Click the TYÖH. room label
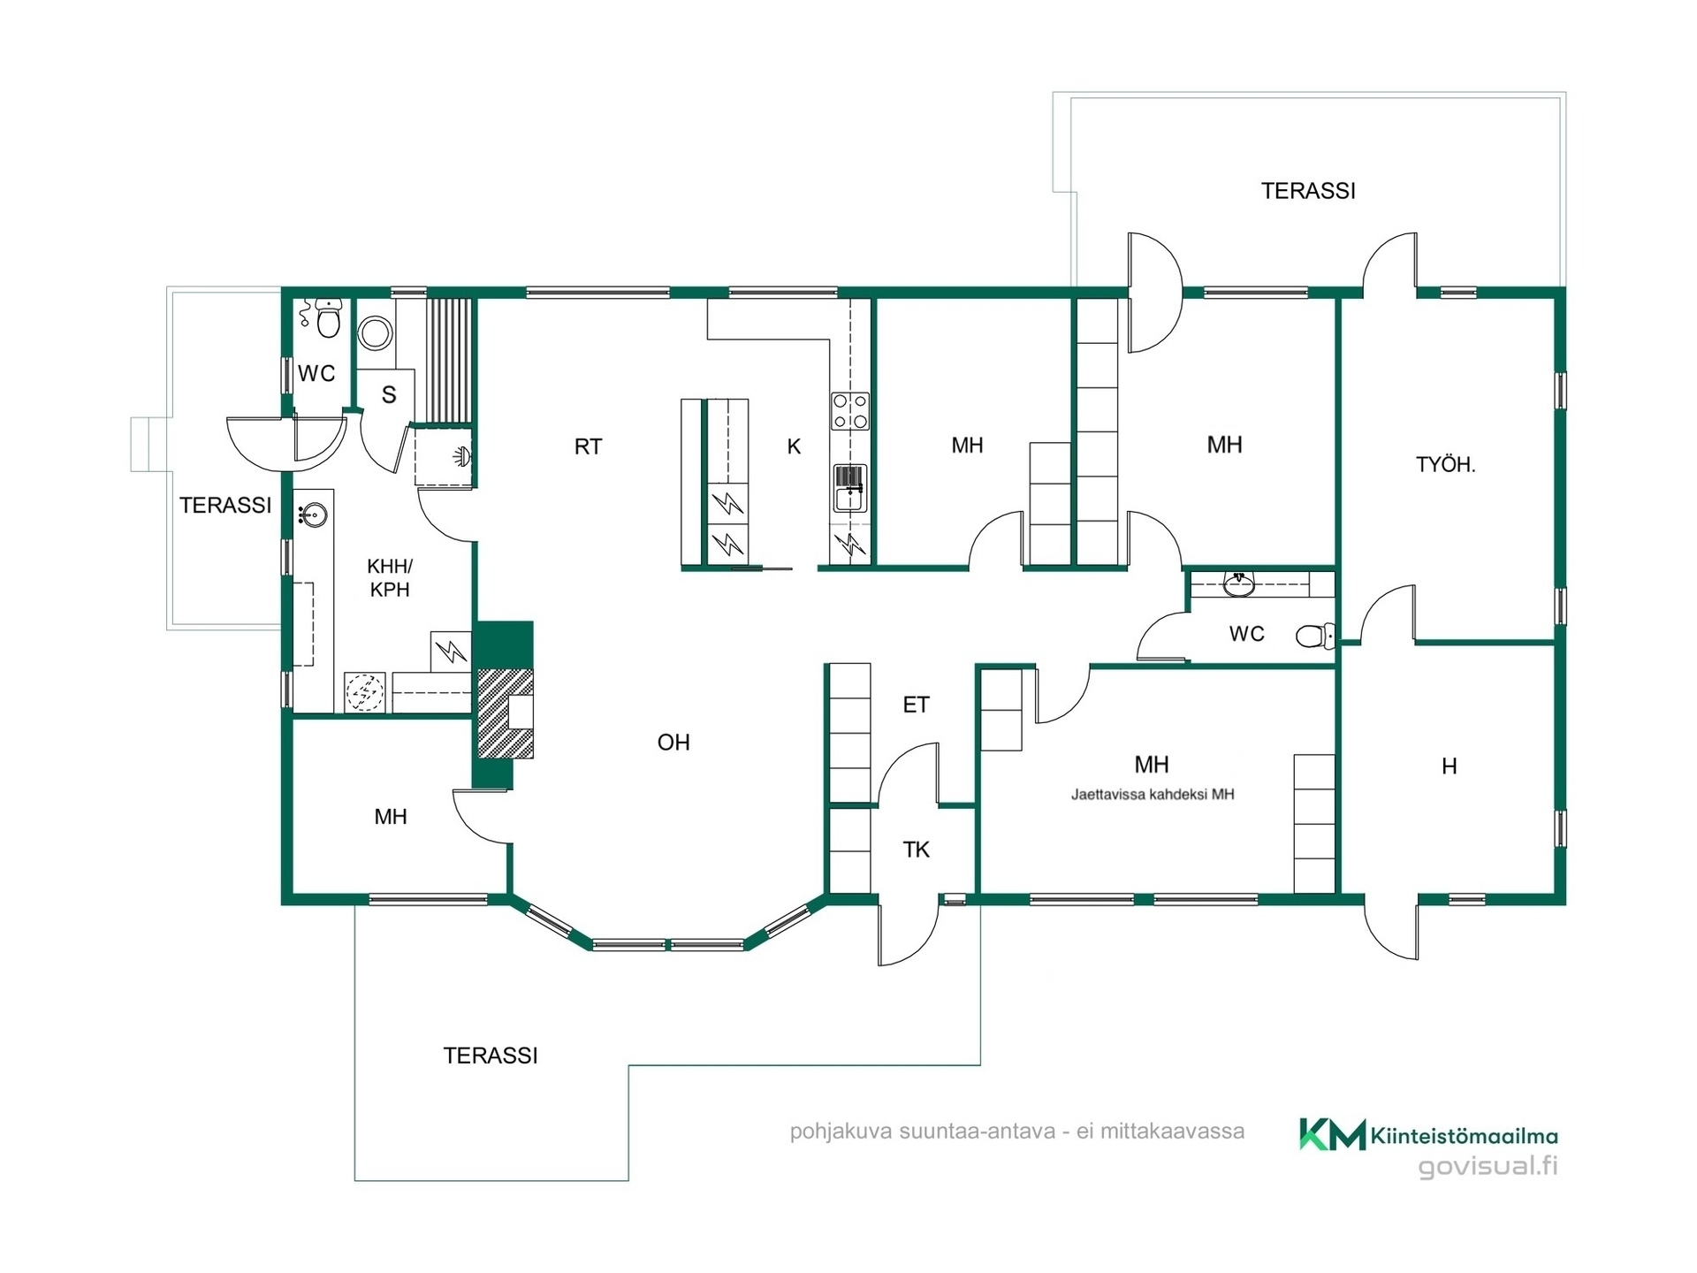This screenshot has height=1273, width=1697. (1445, 464)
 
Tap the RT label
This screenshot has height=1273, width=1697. (588, 446)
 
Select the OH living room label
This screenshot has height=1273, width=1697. (673, 743)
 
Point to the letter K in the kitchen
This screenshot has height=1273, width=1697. (794, 446)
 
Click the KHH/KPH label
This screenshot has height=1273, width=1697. (390, 578)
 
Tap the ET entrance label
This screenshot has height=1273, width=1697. (916, 705)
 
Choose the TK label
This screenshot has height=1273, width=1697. (916, 850)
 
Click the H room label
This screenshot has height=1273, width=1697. (1450, 766)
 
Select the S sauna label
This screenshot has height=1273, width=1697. (389, 395)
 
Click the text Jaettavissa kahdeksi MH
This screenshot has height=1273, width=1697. (1153, 794)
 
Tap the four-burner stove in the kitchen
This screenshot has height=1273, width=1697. (850, 411)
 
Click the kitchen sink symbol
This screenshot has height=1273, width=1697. (850, 488)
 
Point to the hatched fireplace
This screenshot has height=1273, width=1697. (506, 713)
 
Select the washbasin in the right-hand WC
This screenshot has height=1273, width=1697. (1239, 583)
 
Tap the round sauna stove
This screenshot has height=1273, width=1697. (376, 333)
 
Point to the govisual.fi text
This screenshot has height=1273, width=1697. (1488, 1166)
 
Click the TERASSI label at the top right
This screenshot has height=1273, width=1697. (1308, 191)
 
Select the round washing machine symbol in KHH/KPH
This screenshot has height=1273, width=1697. (365, 692)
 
